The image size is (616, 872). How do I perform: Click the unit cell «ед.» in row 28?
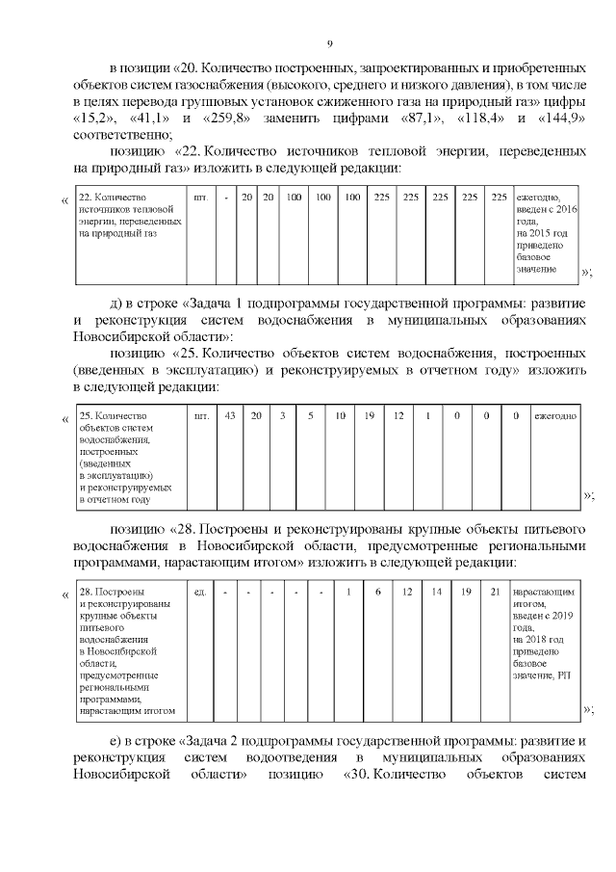[x=200, y=591]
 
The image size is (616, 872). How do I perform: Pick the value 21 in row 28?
[x=495, y=591]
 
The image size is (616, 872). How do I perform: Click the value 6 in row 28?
[x=378, y=591]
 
